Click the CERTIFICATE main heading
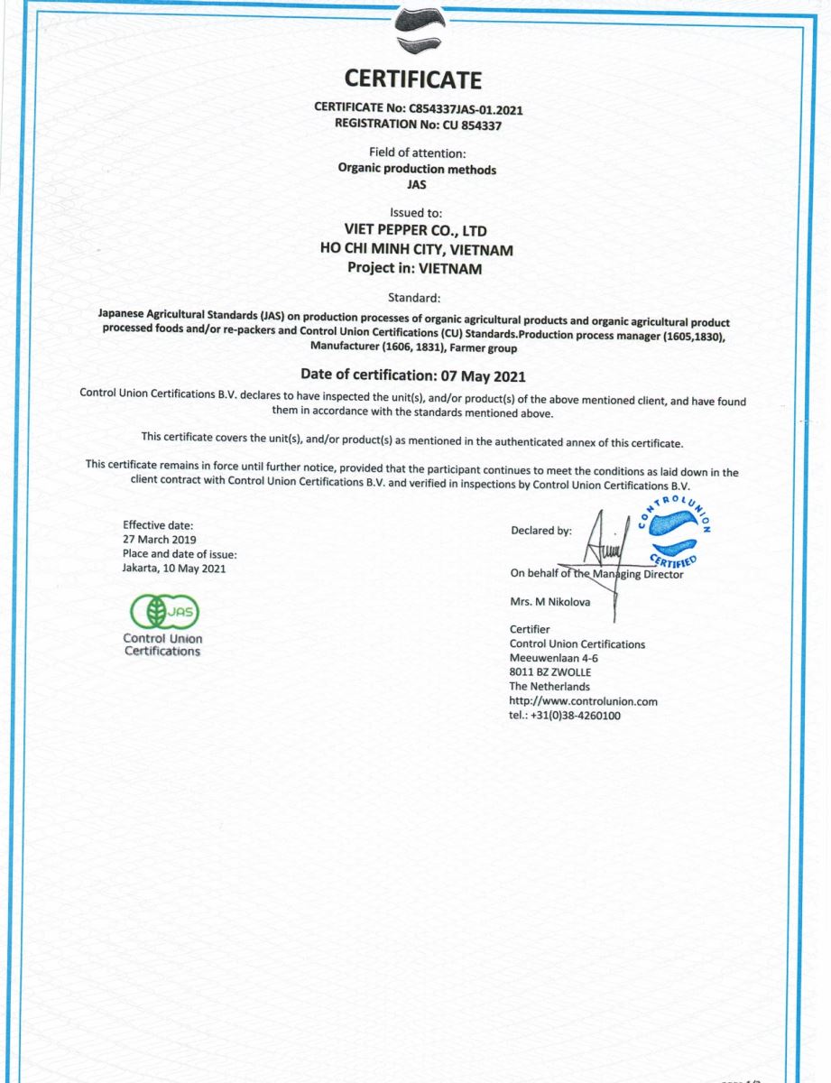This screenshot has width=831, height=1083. (413, 79)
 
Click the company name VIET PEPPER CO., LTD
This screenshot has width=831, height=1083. (415, 231)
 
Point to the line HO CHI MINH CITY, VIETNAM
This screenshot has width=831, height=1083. (416, 250)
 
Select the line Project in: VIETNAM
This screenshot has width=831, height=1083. (415, 268)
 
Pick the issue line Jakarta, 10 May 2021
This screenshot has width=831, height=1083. (173, 569)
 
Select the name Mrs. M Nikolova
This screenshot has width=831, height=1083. (550, 602)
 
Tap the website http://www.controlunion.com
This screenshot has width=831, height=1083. (583, 701)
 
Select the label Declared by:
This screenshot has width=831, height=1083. (540, 531)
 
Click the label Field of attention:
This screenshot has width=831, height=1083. (417, 153)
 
